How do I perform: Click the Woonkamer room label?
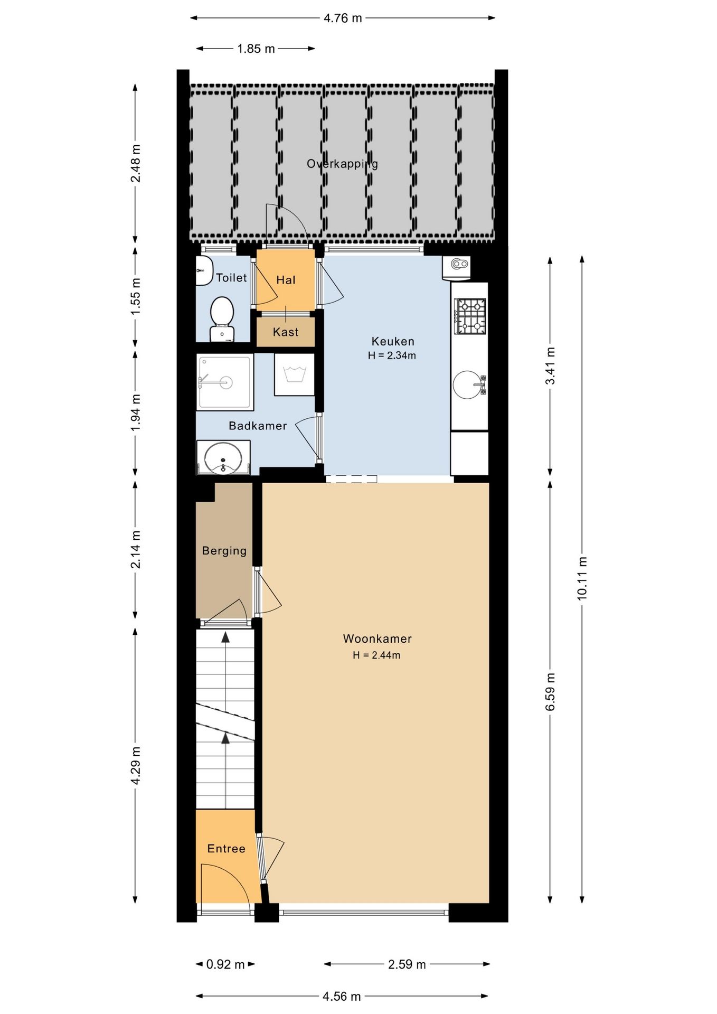pos(377,639)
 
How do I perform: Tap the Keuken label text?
pos(393,341)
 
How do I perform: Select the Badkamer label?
pos(258,426)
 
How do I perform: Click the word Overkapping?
pos(343,164)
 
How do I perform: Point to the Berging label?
pos(224,551)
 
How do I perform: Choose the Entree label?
pos(226,849)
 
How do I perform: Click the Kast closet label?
pos(286,332)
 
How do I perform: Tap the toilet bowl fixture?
pos(222,319)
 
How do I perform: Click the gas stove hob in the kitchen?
pos(470,316)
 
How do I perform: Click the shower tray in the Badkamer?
pos(225,382)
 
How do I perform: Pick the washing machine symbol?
pos(295,374)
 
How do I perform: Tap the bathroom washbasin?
pos(223,457)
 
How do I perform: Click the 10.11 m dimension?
pos(582,578)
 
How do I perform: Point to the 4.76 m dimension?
pos(343,18)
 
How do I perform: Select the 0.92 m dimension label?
pos(225,964)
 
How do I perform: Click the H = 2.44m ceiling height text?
pos(376,655)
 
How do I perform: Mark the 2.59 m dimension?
pos(407,964)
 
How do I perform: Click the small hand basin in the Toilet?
pos(203,271)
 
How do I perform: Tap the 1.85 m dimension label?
pos(256,49)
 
